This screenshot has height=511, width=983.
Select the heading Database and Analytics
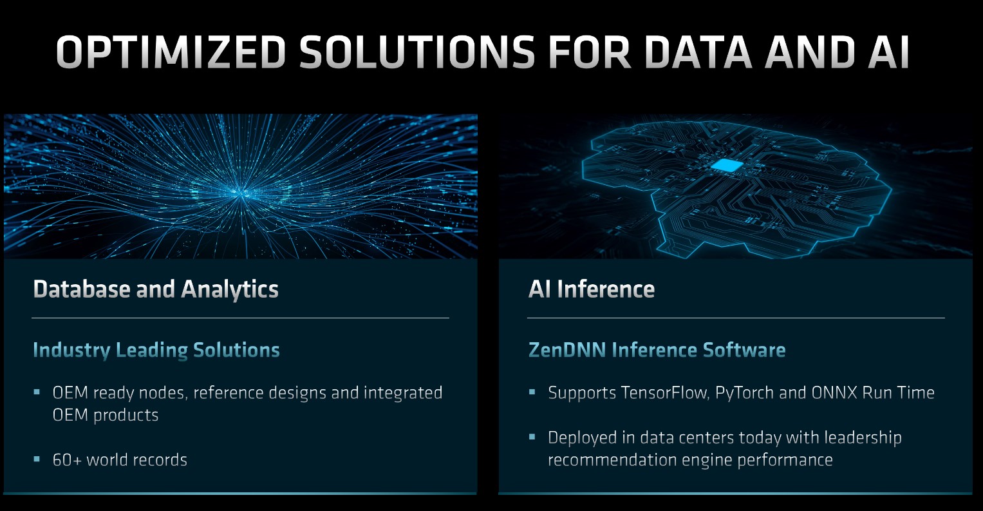pos(156,289)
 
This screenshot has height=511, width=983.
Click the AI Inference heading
pos(591,289)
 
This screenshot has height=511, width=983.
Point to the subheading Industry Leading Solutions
pos(156,350)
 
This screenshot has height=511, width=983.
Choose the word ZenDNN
pos(566,350)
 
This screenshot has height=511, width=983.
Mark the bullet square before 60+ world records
pos(37,459)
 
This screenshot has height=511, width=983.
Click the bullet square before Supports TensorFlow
pos(532,391)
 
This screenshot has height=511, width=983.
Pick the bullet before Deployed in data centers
pos(532,436)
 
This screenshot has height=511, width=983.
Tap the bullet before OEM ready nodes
pos(37,391)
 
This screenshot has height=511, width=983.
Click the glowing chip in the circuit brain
pos(727,165)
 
